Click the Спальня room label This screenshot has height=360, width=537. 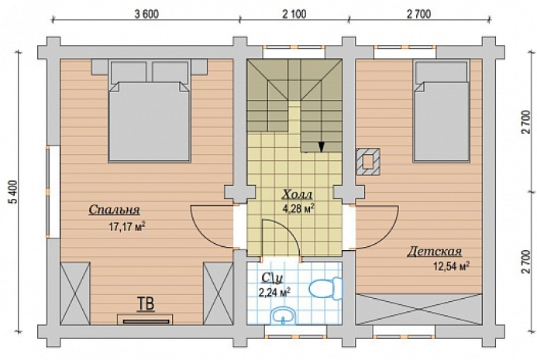(115, 210)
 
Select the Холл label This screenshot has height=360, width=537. (298, 194)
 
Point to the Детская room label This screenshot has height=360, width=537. (435, 252)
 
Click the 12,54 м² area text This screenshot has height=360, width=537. (452, 266)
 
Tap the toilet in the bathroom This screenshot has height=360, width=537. (325, 288)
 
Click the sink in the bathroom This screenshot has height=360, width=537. (283, 315)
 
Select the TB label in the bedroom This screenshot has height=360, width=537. (145, 303)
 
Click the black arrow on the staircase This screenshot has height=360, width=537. (322, 146)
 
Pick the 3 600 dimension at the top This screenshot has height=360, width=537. (147, 15)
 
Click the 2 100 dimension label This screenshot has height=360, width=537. (294, 15)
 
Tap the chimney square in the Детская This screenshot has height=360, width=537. (368, 162)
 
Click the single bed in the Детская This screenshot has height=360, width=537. (442, 111)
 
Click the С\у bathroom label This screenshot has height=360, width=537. (272, 278)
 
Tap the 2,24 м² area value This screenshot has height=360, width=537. (275, 293)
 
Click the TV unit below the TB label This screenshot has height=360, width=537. (145, 320)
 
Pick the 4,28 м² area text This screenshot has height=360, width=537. (298, 208)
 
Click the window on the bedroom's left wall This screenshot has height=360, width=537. (53, 192)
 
